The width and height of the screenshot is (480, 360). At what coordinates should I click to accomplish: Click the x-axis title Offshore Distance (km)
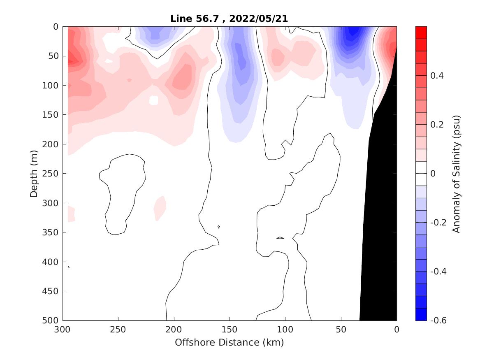229,342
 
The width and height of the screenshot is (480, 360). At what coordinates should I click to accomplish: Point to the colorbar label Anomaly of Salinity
456,174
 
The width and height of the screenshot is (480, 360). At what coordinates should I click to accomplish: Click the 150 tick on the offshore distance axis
230,330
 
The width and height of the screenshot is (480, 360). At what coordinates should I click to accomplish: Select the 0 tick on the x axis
397,330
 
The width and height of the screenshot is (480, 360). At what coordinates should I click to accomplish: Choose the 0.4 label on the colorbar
437,76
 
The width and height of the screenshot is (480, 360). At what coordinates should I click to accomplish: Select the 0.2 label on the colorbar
437,125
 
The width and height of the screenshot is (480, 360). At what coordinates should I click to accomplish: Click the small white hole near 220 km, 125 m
154,100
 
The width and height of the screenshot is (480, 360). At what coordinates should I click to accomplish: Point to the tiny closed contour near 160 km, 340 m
219,227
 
